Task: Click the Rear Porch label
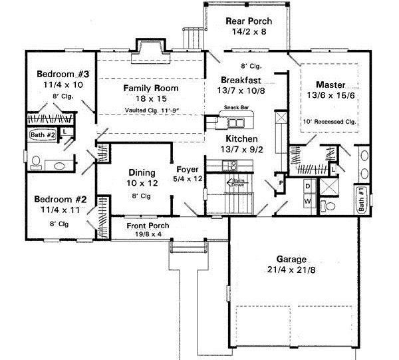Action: (249, 21)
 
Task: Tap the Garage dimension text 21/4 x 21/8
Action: (287, 271)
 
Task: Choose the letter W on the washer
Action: (308, 199)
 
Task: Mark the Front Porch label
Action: (148, 226)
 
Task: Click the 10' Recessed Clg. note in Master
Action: (330, 121)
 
